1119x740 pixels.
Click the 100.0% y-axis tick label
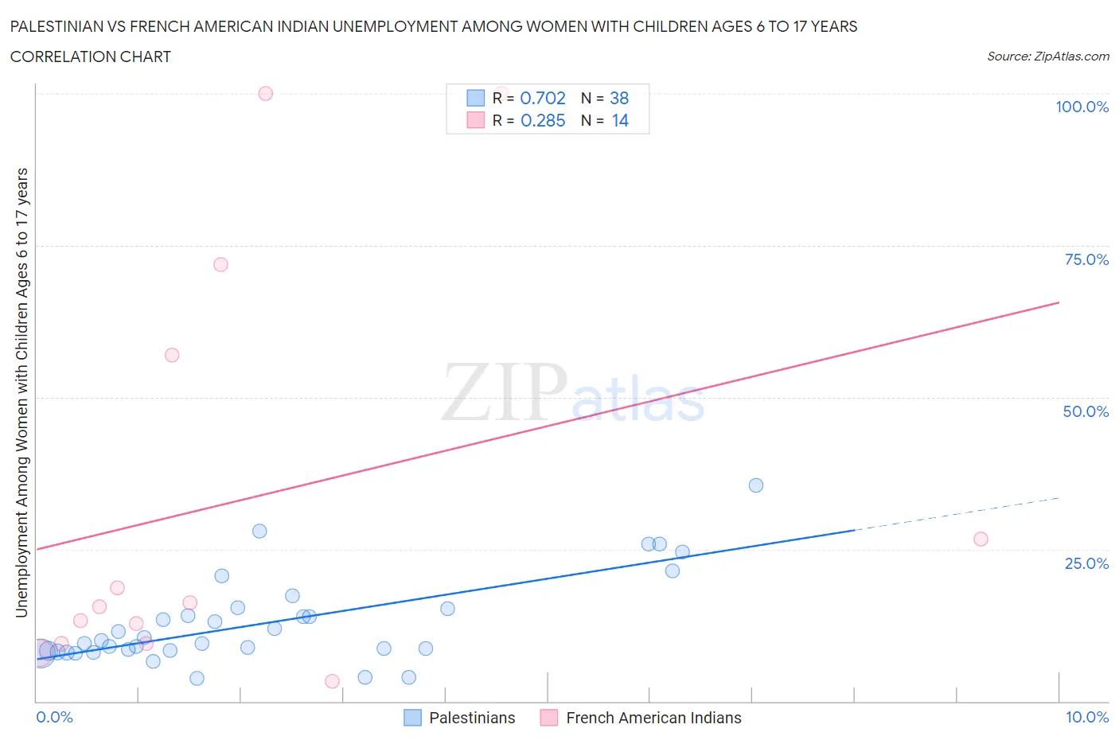click(1082, 107)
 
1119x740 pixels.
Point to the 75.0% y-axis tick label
click(1086, 259)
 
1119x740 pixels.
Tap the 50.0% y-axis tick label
click(1086, 411)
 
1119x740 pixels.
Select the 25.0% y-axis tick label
click(1086, 563)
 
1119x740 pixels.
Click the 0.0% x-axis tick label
click(54, 717)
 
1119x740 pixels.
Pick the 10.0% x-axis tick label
click(1087, 717)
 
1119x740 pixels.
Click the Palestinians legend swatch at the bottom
click(412, 718)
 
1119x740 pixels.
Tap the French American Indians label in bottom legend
click(653, 718)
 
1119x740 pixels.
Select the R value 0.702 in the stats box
click(543, 98)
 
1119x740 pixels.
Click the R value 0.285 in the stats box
click(543, 120)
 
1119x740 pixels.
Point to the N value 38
click(619, 98)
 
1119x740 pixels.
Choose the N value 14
click(620, 120)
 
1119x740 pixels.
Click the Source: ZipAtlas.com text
click(1047, 56)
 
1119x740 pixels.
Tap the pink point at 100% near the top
click(266, 93)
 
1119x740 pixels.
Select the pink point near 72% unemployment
click(221, 264)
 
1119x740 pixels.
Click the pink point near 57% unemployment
click(172, 355)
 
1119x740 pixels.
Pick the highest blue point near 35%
click(756, 485)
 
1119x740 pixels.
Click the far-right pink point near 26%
click(981, 539)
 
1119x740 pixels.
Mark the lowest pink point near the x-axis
click(333, 681)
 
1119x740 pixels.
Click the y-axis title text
click(21, 392)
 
